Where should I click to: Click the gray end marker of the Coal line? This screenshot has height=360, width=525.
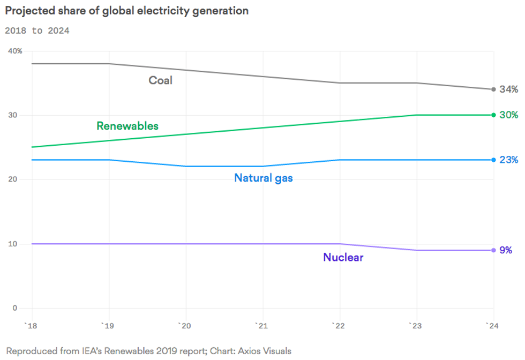click(x=493, y=89)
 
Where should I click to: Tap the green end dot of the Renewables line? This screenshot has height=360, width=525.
click(x=493, y=115)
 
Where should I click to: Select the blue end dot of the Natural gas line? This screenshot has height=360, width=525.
click(x=493, y=160)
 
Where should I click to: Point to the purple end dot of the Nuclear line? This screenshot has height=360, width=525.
click(x=493, y=250)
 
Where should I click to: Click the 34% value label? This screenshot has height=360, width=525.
click(x=508, y=89)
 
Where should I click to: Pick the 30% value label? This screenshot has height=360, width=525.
click(x=508, y=115)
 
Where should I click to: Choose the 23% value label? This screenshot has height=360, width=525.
click(x=508, y=160)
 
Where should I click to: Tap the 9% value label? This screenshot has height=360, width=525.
click(x=506, y=250)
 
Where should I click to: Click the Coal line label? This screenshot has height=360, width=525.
click(x=160, y=80)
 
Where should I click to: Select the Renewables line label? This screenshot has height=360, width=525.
click(x=127, y=126)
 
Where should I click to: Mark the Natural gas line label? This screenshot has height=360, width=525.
click(x=263, y=178)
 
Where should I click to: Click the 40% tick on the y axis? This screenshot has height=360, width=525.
click(x=15, y=51)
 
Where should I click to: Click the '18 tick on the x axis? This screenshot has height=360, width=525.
click(x=32, y=326)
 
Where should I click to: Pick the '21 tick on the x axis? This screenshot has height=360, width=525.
click(x=262, y=326)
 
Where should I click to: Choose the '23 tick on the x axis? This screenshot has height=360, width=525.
click(x=416, y=326)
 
